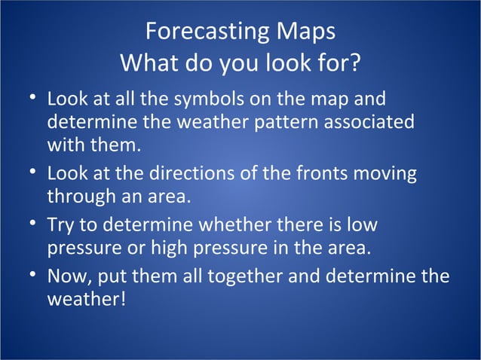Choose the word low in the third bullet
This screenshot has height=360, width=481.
pos(362,226)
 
